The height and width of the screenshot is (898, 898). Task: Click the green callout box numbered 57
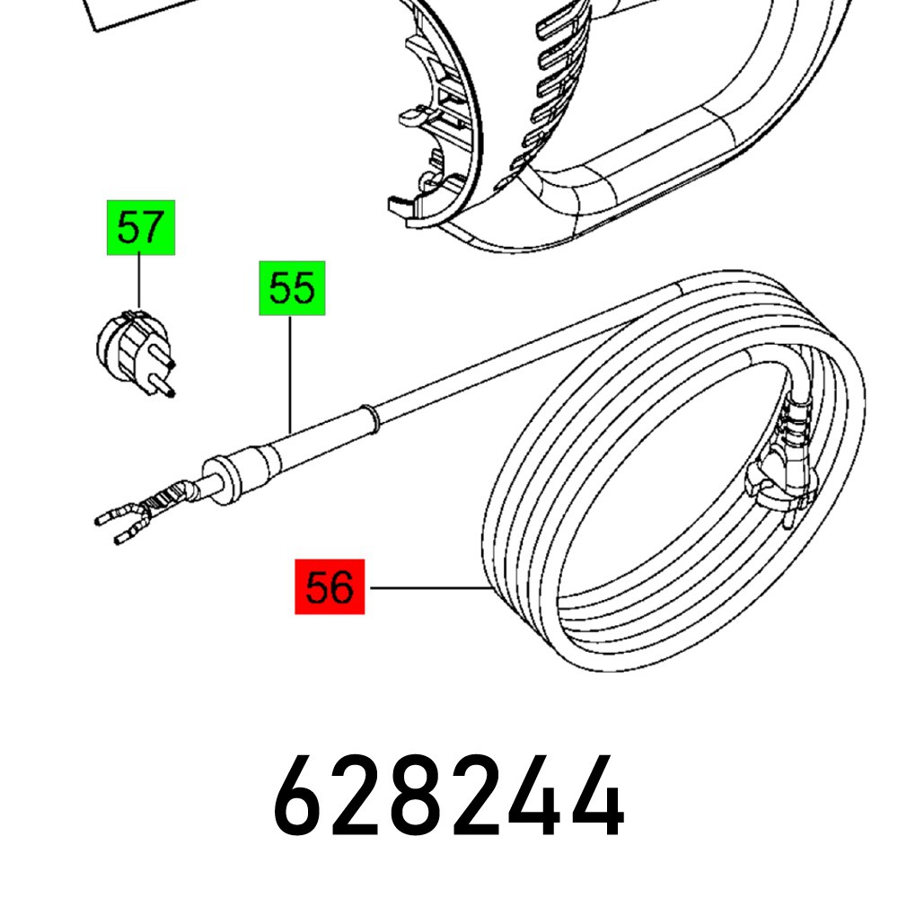click(141, 229)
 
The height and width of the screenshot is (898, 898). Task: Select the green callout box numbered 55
click(292, 289)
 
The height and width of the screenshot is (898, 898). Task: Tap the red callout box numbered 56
click(330, 588)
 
